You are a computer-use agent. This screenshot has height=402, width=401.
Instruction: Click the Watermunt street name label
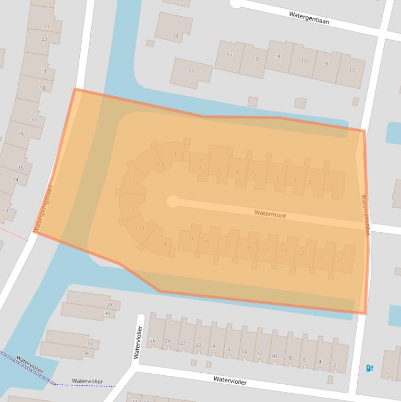pyautogui.click(x=271, y=214)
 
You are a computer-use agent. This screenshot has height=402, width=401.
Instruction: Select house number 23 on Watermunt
pyautogui.click(x=340, y=259)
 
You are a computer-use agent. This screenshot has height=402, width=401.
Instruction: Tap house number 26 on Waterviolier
pyautogui.click(x=152, y=341)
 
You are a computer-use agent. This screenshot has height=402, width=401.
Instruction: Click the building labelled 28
pyautogui.click(x=109, y=304)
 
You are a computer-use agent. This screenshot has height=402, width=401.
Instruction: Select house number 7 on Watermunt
pyautogui.click(x=217, y=169)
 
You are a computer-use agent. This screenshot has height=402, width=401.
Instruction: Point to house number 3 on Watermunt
pyautogui.click(x=295, y=181)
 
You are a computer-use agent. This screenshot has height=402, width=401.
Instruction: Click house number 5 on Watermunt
pyautogui.click(x=254, y=175)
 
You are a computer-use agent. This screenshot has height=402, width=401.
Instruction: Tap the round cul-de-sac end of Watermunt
pyautogui.click(x=172, y=202)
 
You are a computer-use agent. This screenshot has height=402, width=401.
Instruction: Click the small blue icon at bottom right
pyautogui.click(x=370, y=368)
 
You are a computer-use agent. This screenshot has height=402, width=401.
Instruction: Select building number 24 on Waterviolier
pyautogui.click(x=167, y=341)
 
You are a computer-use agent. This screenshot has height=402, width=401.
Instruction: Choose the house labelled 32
pyautogui.click(x=90, y=344)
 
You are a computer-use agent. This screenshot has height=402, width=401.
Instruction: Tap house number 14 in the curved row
pyautogui.click(x=164, y=244)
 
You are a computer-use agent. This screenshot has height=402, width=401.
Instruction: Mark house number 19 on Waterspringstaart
pyautogui.click(x=43, y=70)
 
